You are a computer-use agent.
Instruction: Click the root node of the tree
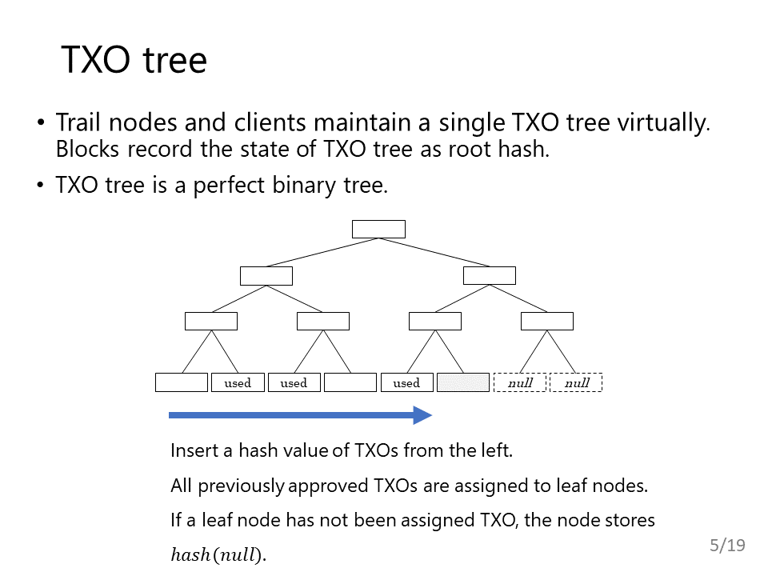coord(378,230)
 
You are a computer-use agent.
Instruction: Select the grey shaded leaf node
coord(463,382)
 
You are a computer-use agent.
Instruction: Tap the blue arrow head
coord(422,415)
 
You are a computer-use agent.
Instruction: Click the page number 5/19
coord(727,545)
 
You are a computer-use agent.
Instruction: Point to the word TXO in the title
coord(96,60)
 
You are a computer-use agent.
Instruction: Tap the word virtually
coord(664,123)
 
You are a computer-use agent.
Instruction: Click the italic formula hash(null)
coord(218,555)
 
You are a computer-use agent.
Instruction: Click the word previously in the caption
coord(241,486)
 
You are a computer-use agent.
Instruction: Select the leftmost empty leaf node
coord(182,382)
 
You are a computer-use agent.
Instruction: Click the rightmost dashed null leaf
coord(577,382)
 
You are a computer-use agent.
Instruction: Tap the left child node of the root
coord(266,276)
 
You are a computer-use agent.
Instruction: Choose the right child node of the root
coord(490,275)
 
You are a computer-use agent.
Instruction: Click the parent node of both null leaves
coord(547,322)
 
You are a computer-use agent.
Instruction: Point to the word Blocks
coord(87,150)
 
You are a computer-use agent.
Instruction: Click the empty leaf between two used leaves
coord(350,382)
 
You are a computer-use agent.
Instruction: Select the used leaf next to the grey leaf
coord(407,382)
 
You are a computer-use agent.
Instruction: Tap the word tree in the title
coord(175,61)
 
